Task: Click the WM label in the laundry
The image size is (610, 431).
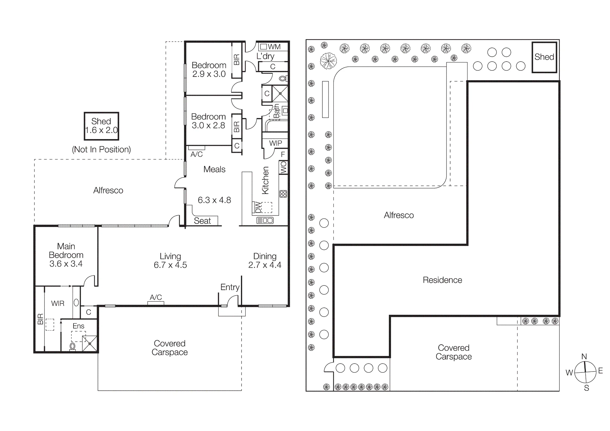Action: [x=274, y=47]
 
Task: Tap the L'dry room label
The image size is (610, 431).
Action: [x=265, y=56]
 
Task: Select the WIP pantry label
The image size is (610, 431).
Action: [x=275, y=143]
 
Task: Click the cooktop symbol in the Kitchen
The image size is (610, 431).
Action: [x=283, y=194]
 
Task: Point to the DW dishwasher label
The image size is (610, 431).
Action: [x=258, y=207]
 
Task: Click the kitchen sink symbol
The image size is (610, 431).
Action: [x=265, y=220]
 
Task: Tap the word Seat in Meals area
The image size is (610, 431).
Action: [x=203, y=221]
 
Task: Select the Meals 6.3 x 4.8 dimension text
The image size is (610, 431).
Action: [x=214, y=200]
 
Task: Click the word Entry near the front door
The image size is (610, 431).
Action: [x=230, y=287]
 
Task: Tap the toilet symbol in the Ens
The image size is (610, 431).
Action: [x=73, y=347]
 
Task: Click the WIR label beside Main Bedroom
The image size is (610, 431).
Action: [x=58, y=303]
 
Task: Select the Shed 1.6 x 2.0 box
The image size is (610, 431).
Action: [x=101, y=126]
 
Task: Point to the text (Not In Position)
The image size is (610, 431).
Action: [x=102, y=149]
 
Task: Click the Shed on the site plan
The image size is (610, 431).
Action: [x=544, y=57]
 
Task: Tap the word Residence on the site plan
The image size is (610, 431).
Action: [x=442, y=280]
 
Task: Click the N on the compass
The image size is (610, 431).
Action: [x=584, y=357]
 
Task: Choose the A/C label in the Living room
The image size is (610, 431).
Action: [x=156, y=297]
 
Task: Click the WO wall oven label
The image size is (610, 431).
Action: [x=284, y=167]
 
